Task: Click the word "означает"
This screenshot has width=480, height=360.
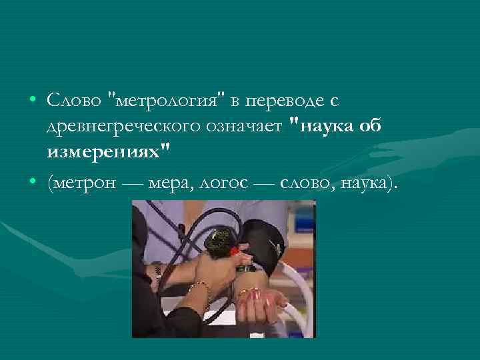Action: [x=251, y=127]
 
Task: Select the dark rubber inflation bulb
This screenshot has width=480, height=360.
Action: [x=217, y=241]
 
